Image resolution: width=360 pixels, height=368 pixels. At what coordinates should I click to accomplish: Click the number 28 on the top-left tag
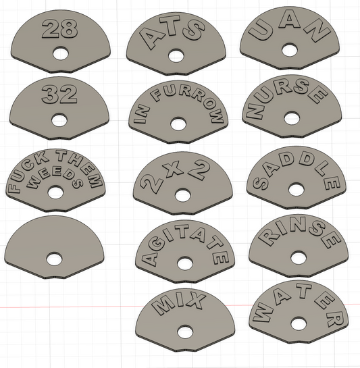[x=59, y=28]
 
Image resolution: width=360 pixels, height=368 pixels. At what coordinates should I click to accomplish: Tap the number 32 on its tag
[x=59, y=95]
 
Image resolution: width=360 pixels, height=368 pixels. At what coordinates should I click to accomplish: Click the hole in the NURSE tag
[x=291, y=118]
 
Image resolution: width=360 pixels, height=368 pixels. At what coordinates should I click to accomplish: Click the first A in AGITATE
[x=149, y=258]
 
